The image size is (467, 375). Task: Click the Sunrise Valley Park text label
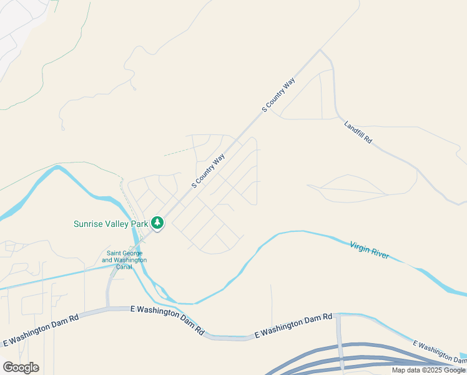(x=111, y=223)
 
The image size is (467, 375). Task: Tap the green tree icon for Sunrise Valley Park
(x=157, y=222)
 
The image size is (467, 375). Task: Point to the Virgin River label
(x=369, y=250)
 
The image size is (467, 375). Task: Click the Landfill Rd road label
(x=358, y=132)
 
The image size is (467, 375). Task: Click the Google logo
(x=21, y=367)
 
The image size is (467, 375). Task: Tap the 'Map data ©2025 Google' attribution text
(x=429, y=370)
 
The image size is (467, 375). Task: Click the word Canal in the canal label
(x=124, y=267)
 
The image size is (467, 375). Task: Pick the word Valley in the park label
(x=117, y=223)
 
